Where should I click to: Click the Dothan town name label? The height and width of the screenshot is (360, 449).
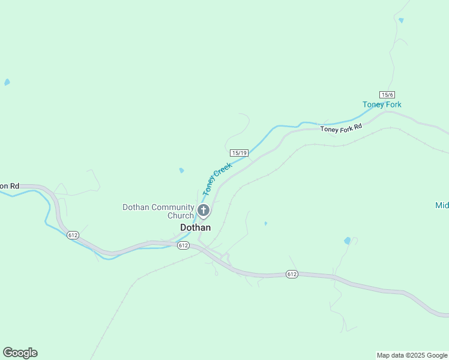point(196,228)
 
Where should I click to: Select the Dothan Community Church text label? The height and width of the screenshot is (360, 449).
point(158,211)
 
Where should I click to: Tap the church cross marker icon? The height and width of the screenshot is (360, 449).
point(203,211)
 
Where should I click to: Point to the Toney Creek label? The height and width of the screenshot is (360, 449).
point(217,179)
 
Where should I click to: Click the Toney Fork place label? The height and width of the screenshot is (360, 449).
point(382,104)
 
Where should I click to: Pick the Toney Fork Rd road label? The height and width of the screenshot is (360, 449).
point(342,128)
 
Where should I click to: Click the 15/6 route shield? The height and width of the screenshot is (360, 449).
point(387,95)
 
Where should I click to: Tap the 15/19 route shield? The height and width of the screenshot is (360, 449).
point(239,153)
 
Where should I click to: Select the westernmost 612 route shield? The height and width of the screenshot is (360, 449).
point(73,235)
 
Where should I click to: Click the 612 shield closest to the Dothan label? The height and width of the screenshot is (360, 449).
point(184,245)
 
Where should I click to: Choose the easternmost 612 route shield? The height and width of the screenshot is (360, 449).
point(292,274)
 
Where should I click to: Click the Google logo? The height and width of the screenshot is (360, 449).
point(20,353)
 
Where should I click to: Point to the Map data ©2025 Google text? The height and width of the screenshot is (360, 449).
point(412,355)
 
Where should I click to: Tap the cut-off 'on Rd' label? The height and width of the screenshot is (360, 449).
point(10,186)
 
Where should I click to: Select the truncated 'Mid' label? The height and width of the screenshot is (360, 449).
point(442,205)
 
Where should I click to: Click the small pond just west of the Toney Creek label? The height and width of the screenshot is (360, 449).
point(181,170)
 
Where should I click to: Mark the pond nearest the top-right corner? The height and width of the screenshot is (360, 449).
point(401,20)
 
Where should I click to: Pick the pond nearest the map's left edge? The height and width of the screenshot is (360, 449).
point(7,82)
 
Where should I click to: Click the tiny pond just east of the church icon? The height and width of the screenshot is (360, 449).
point(265,224)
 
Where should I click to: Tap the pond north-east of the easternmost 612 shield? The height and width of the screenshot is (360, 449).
point(348,241)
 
